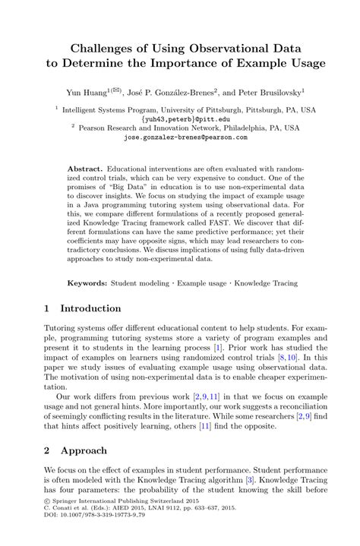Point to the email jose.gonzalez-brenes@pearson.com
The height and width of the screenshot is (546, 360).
[x=185, y=137]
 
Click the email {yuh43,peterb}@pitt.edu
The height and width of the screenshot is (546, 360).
[x=185, y=118]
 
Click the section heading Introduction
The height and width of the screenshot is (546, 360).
[x=90, y=308]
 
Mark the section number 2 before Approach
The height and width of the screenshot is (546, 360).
[x=47, y=450]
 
